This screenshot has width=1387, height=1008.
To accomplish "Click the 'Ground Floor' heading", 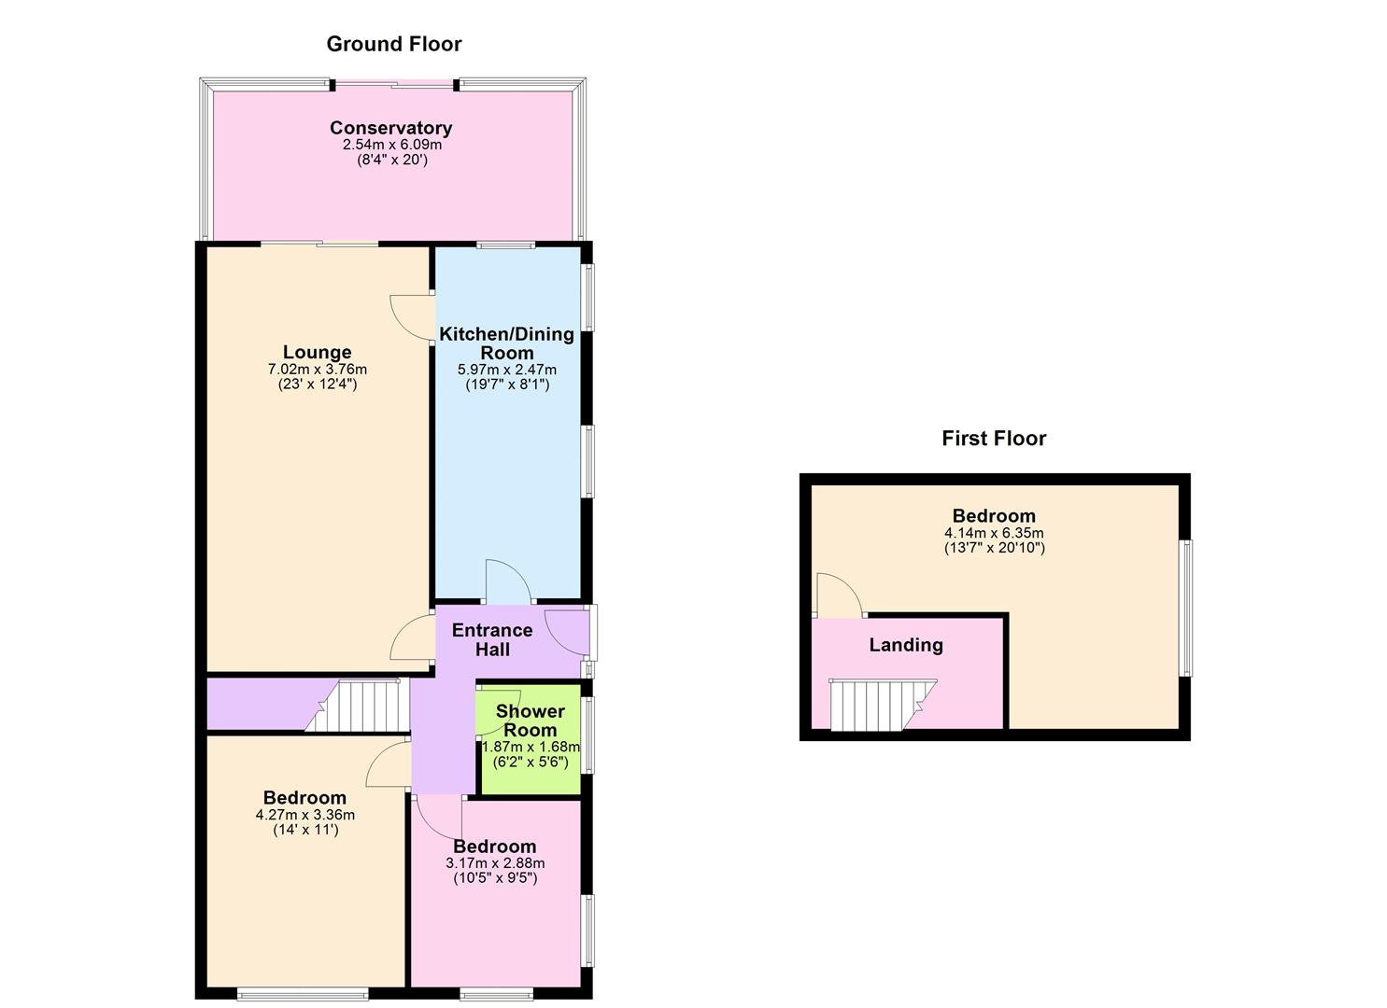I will (393, 44).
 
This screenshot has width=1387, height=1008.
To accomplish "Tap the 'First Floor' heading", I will (993, 439).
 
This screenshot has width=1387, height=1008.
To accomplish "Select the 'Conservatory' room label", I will (390, 128).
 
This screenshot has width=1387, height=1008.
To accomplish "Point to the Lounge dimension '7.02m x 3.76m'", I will (317, 370).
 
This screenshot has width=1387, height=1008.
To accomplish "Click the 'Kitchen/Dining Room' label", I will (506, 343).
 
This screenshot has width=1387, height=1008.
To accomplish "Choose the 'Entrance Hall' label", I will (492, 639).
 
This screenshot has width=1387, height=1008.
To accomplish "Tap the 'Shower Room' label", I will (530, 721).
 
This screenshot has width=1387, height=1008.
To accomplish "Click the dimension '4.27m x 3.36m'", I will (304, 815).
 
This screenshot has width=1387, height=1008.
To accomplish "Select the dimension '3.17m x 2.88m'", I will (494, 863).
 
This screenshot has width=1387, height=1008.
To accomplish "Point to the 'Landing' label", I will (905, 645).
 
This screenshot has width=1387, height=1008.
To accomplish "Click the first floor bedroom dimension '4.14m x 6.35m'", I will (993, 533).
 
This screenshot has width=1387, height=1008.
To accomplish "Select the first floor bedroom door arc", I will (837, 595).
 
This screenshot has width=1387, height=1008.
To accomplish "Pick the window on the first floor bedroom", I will (1185, 608).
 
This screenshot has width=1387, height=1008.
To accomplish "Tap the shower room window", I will (587, 735).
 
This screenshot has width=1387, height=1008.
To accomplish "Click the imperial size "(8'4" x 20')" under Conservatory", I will (390, 160).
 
